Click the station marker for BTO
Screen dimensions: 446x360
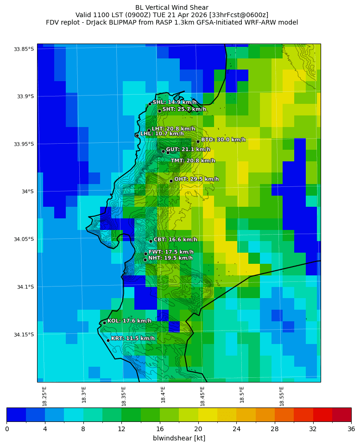pyautogui.click(x=198, y=141)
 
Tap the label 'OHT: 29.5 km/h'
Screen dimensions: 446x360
pyautogui.click(x=196, y=179)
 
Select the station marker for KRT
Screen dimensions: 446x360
pyautogui.click(x=108, y=340)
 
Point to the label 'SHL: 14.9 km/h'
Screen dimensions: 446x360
pyautogui.click(x=175, y=102)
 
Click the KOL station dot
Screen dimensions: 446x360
pyautogui.click(x=104, y=323)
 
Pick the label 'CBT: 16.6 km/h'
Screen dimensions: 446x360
pyautogui.click(x=176, y=240)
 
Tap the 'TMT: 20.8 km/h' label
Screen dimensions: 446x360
pyautogui.click(x=193, y=161)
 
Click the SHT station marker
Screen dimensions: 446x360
pyautogui.click(x=159, y=111)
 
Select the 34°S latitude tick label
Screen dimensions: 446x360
pyautogui.click(x=27, y=191)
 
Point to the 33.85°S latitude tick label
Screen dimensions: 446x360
pyautogui.click(x=24, y=49)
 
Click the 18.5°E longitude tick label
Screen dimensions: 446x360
pyautogui.click(x=242, y=396)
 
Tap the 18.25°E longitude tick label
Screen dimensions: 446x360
pyautogui.click(x=44, y=396)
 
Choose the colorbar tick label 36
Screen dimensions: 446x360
pyautogui.click(x=351, y=429)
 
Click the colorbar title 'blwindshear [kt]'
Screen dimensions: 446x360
pyautogui.click(x=179, y=438)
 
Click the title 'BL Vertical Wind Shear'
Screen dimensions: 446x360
pyautogui.click(x=172, y=7)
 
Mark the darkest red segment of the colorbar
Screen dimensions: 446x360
pyautogui.click(x=341, y=414)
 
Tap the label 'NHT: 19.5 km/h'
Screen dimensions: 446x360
pyautogui.click(x=171, y=258)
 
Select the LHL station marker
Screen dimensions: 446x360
pyautogui.click(x=137, y=135)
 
